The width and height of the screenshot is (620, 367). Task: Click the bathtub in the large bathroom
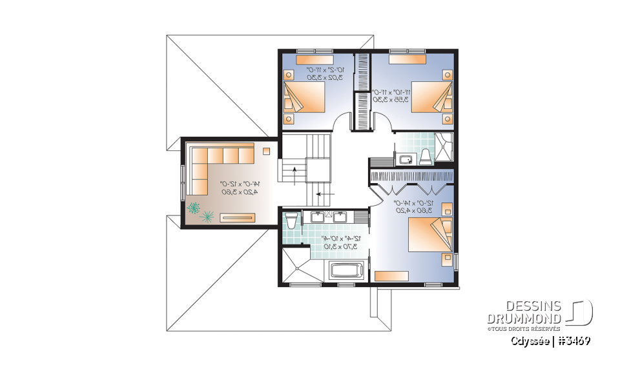tap(348, 270)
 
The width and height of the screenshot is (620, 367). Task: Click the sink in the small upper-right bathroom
tap(406, 159)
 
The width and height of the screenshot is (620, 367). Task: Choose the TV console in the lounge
tap(238, 217)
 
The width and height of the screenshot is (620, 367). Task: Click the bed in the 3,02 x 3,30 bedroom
tap(304, 97)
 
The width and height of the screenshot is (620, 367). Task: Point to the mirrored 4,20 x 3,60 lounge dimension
tap(231, 188)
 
